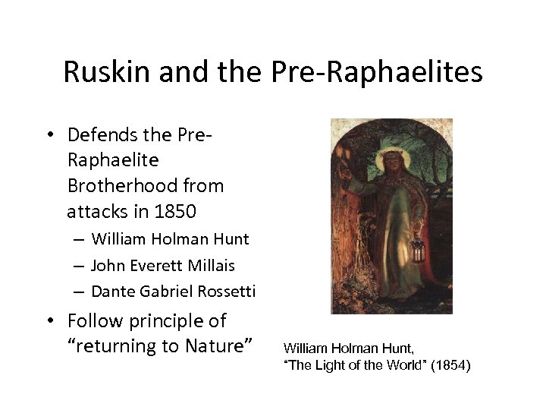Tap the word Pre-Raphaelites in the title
pos(395,72)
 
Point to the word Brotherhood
pos(145,184)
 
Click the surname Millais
pos(212,265)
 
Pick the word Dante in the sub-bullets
pos(111,291)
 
